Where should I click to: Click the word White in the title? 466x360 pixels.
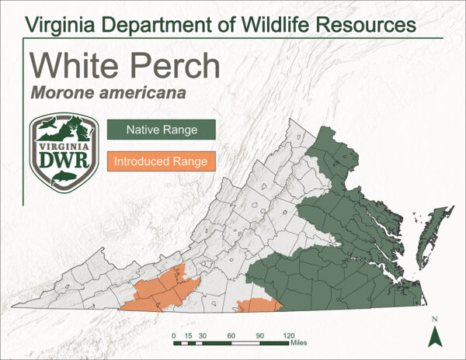point(72,66)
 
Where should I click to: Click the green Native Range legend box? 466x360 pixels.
point(162,130)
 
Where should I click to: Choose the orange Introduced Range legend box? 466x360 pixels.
point(161,162)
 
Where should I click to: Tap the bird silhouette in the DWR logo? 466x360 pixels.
point(48,126)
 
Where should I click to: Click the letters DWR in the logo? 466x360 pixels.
point(64,160)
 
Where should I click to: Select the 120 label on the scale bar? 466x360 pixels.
point(288,334)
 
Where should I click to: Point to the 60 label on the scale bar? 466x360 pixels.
point(231,334)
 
